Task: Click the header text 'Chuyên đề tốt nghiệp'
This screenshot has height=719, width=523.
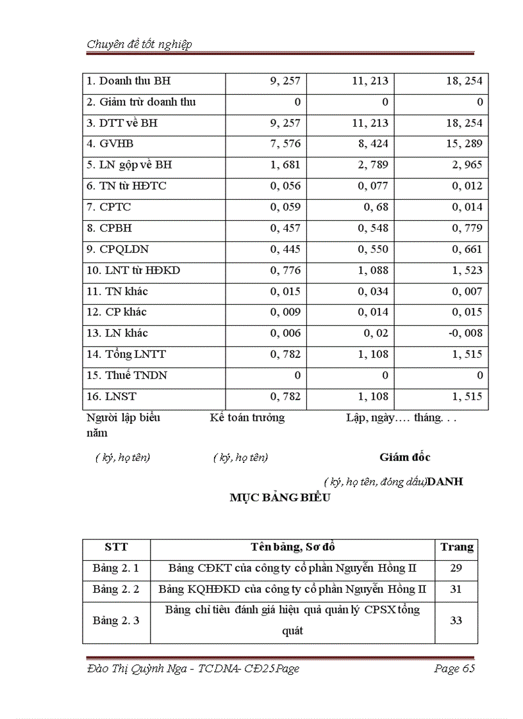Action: click(139, 44)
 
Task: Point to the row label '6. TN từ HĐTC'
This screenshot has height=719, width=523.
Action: click(126, 186)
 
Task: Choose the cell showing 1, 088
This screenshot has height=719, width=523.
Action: click(370, 271)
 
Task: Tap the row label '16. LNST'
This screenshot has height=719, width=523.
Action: click(111, 397)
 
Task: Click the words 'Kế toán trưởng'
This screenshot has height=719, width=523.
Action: click(247, 418)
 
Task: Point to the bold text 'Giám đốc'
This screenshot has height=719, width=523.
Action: click(404, 457)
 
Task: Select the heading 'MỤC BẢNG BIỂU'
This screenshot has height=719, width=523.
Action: click(280, 498)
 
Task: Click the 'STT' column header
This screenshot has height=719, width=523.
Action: click(116, 547)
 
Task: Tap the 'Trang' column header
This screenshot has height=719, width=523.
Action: click(456, 547)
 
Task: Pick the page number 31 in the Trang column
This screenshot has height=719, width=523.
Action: click(456, 590)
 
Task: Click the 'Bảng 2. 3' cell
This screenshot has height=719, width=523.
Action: click(116, 621)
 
